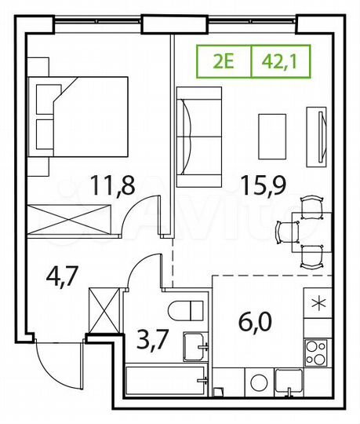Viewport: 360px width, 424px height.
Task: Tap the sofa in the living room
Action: [194, 137]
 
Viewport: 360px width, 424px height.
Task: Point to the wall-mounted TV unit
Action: [319, 133]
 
